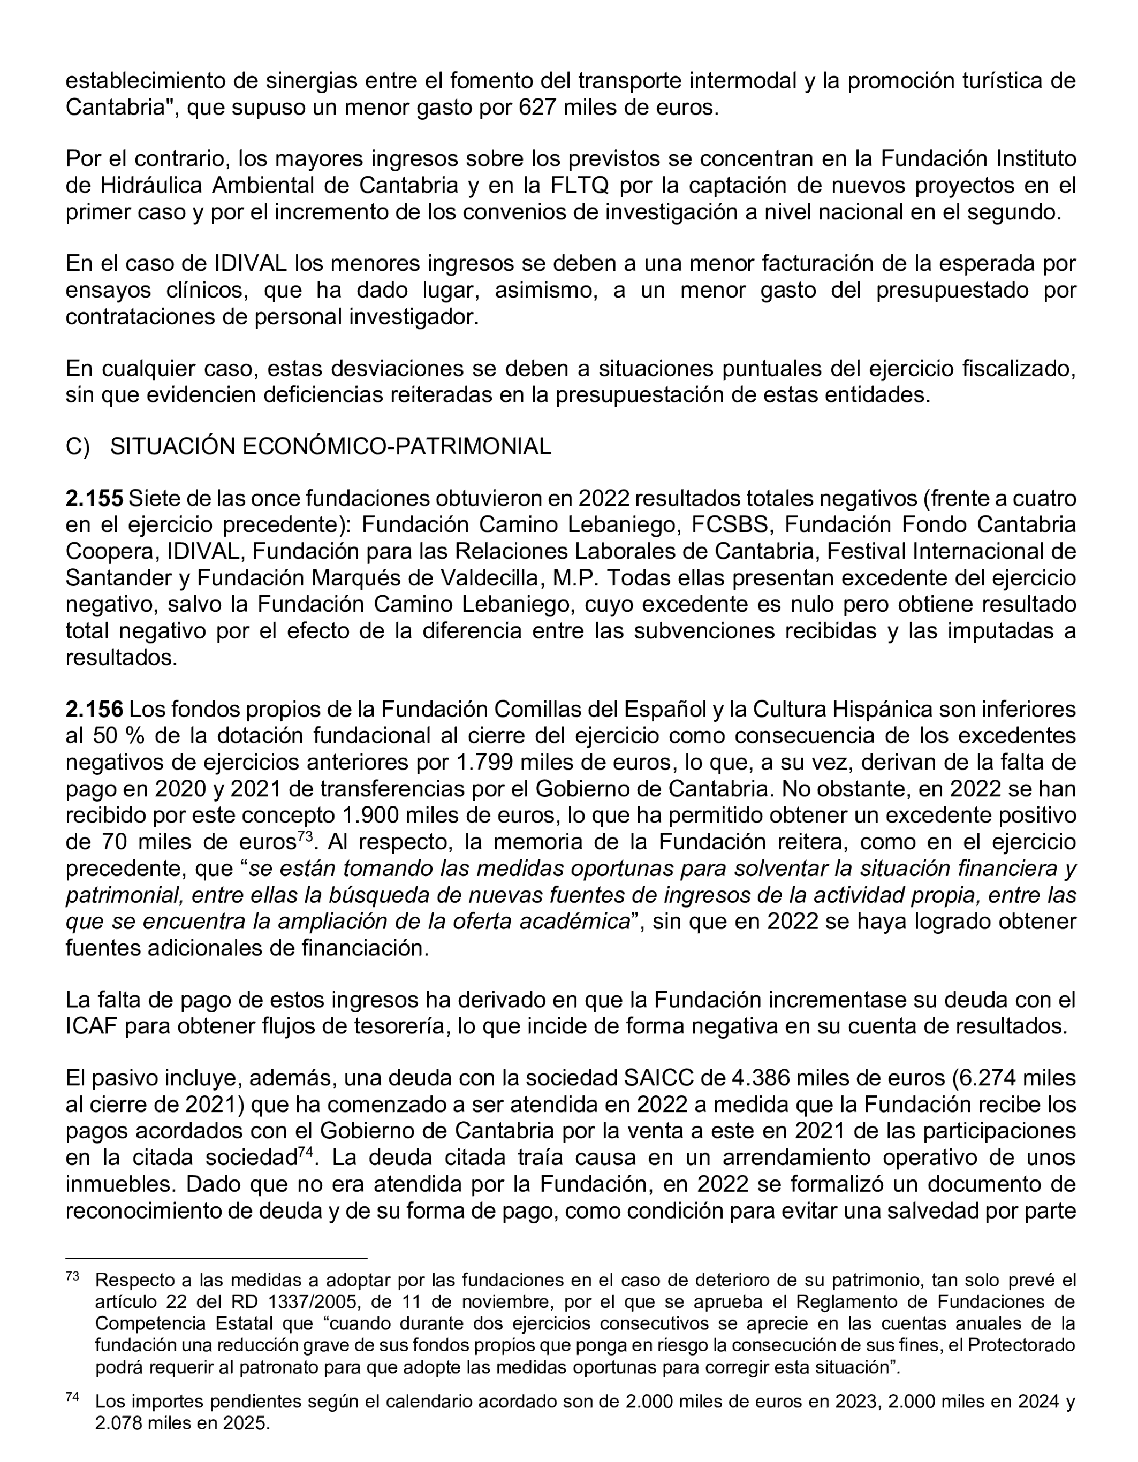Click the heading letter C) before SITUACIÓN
(x=77, y=446)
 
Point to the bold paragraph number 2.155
(x=94, y=498)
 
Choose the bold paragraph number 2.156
(x=94, y=709)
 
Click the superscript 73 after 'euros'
(x=305, y=835)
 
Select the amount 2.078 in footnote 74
(x=121, y=1423)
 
